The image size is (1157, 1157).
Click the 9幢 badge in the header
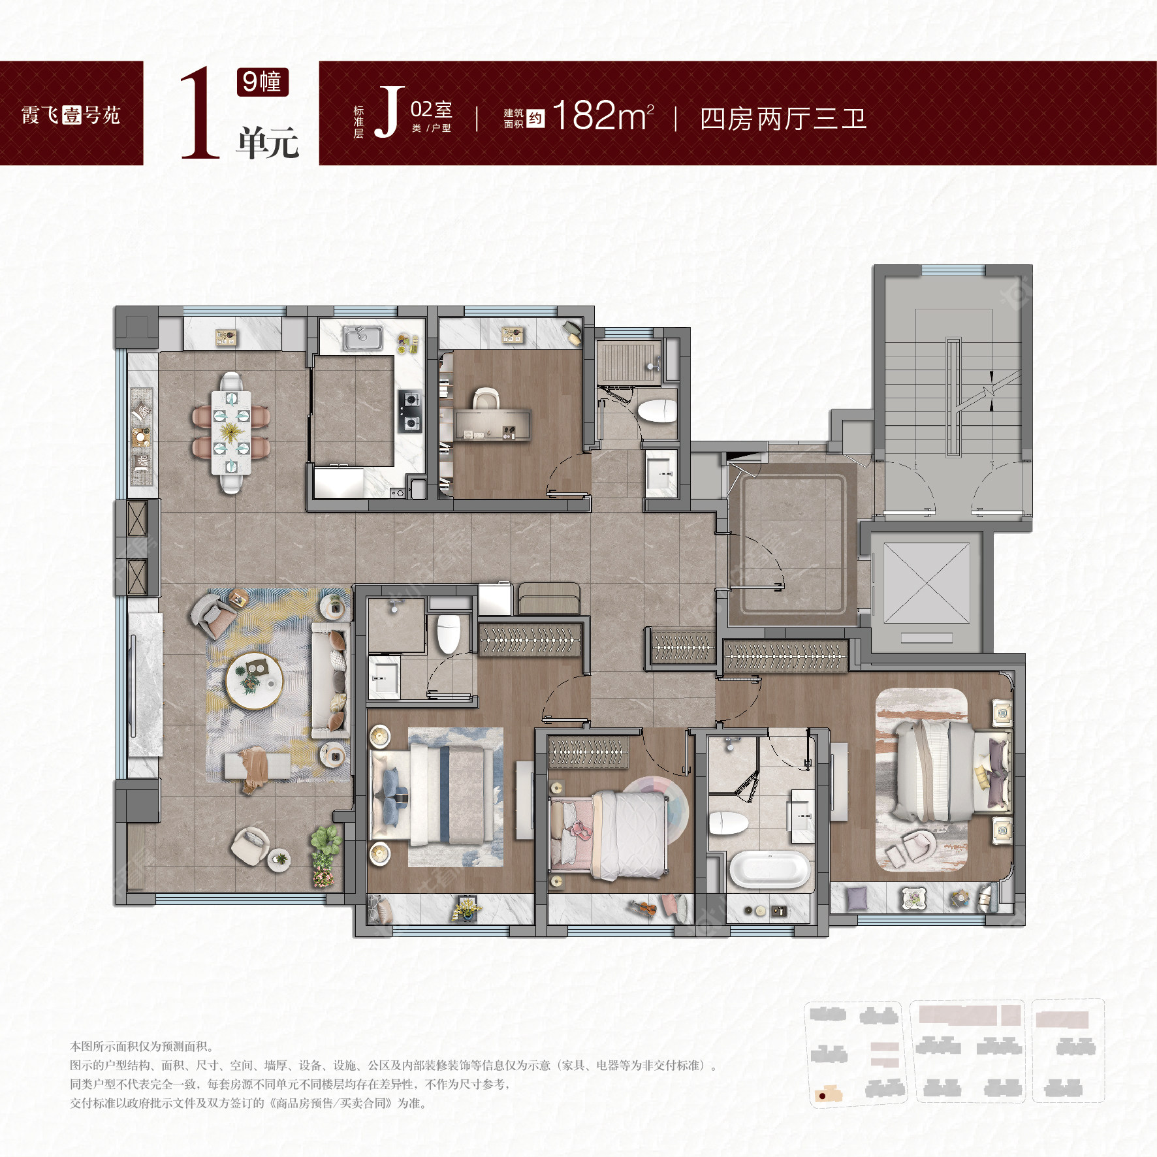(x=262, y=82)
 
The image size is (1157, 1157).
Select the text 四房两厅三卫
(x=783, y=119)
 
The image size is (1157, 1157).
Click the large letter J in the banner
(x=388, y=112)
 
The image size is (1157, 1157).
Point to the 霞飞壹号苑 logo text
(x=71, y=115)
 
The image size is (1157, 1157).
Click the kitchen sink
(x=362, y=338)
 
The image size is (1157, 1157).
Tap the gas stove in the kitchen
(x=410, y=411)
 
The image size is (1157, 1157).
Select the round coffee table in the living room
(x=254, y=681)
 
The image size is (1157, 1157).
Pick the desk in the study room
(x=493, y=425)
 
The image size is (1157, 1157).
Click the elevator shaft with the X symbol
(x=927, y=582)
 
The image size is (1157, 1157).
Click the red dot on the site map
(x=823, y=1096)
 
